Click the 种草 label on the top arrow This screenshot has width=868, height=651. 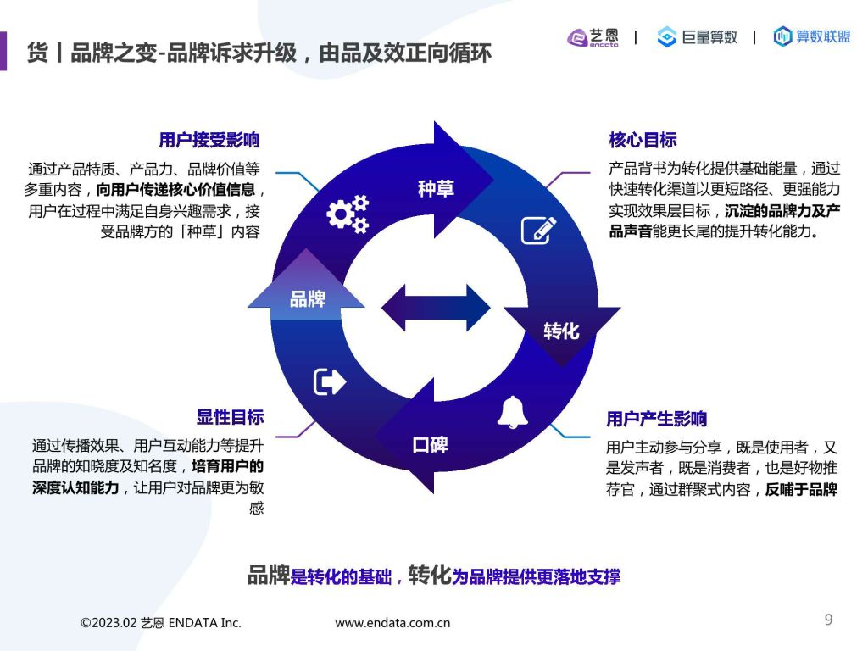pos(436,189)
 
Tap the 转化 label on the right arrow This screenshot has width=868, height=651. pos(561,331)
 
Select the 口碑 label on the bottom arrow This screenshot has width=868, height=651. pos(430,444)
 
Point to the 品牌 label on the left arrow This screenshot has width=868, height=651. pos(307,299)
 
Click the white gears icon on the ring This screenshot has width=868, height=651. pos(348,214)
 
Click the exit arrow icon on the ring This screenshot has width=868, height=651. pos(330,381)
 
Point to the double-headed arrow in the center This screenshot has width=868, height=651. pos(436,308)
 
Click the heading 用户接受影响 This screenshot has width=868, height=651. pos(209,140)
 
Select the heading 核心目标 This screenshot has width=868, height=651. pos(643,140)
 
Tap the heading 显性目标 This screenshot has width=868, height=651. pos(231,417)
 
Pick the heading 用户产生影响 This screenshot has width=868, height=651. pos(657,419)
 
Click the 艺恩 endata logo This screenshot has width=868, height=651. pos(593,37)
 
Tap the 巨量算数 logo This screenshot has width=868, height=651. pos(697,37)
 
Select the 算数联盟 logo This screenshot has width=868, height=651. pos(811,36)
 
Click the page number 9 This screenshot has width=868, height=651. pos(828,620)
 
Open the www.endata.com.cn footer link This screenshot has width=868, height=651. pos(392,623)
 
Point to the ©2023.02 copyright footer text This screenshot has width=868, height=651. pos(160,623)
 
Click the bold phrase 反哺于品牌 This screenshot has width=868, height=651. pos(801,489)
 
